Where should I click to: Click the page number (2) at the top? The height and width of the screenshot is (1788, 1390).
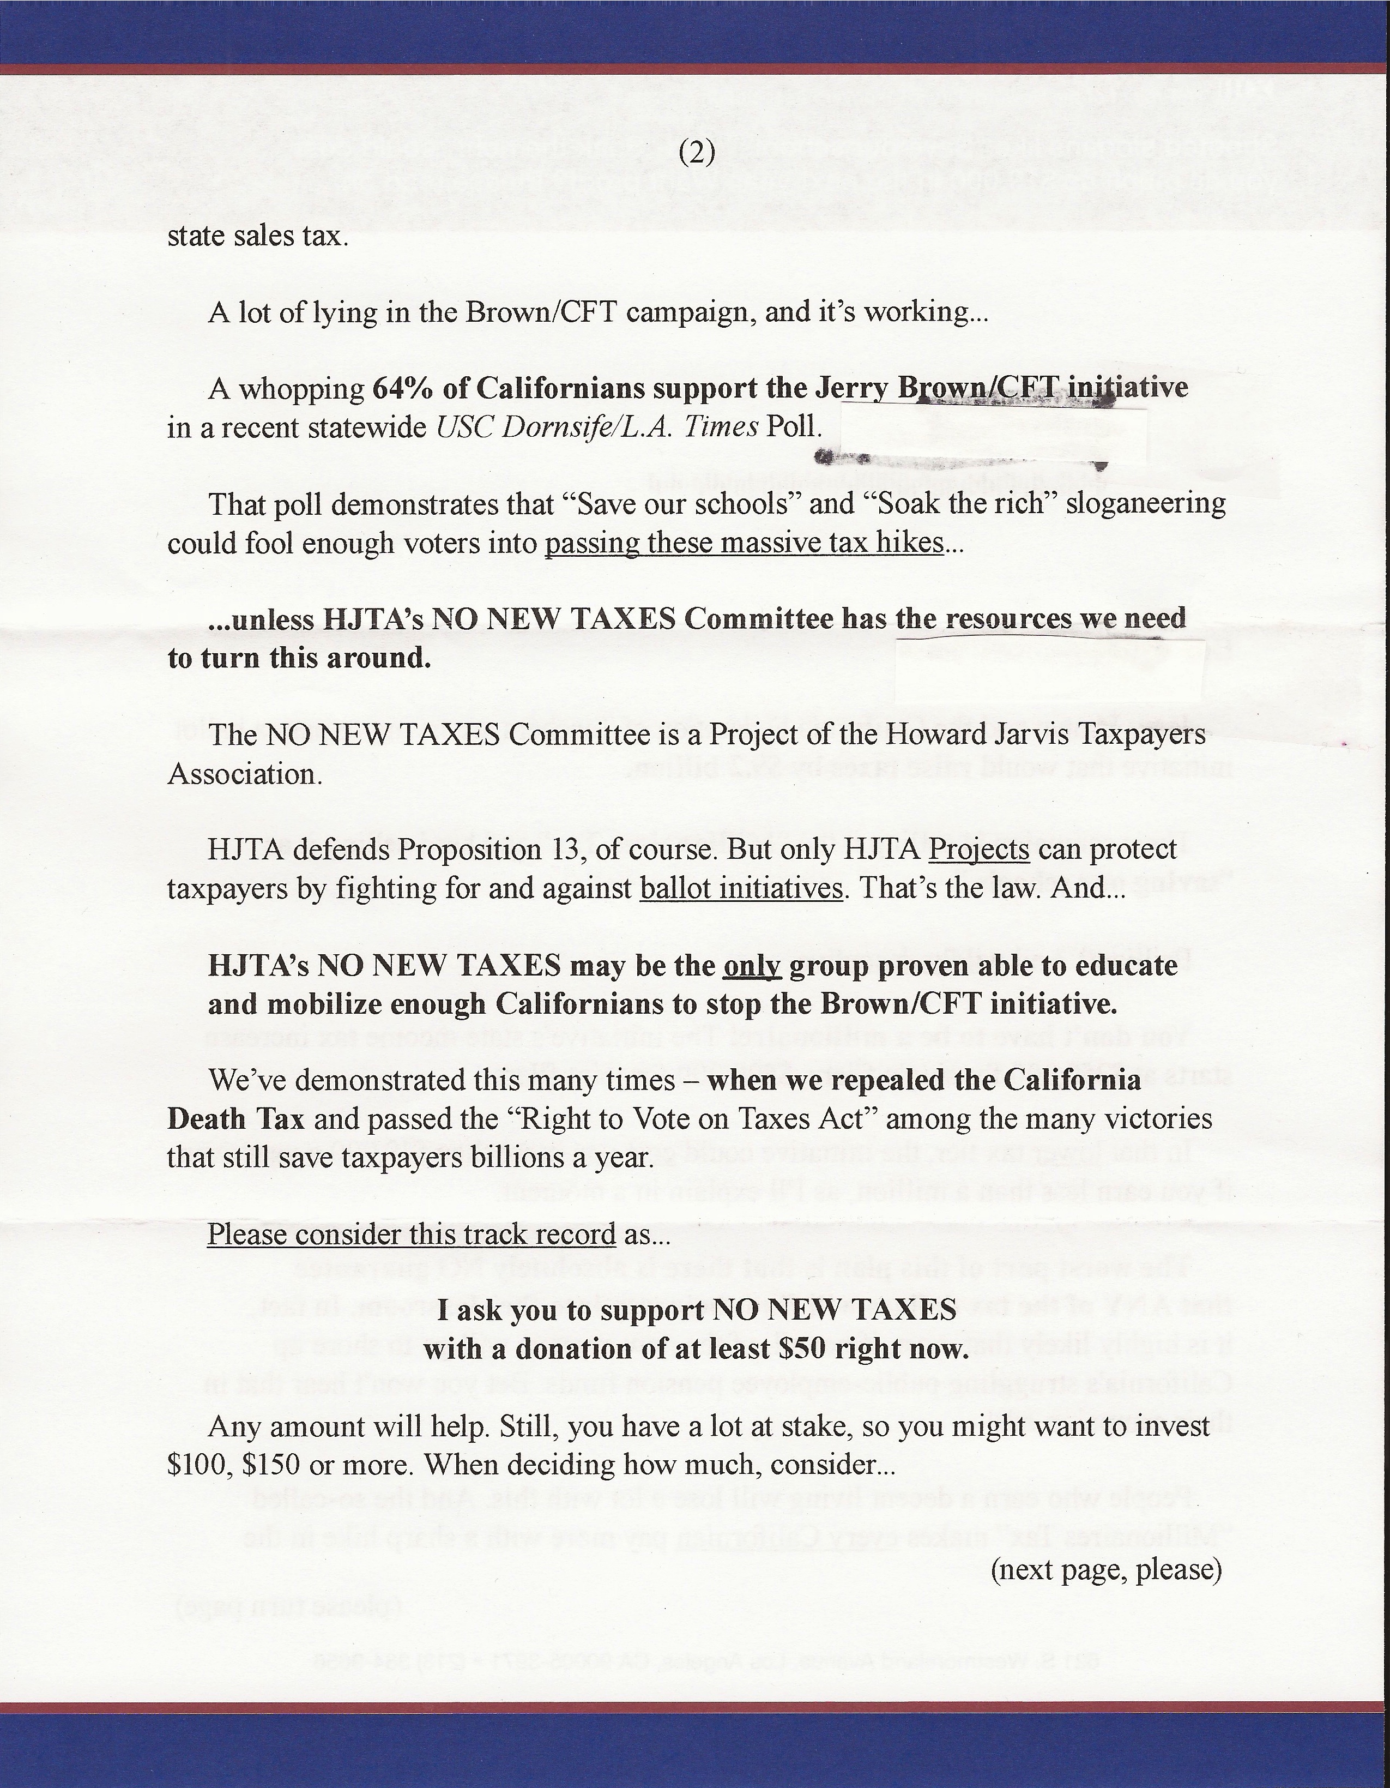click(697, 155)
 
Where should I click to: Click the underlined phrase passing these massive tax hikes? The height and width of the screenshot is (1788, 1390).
click(744, 543)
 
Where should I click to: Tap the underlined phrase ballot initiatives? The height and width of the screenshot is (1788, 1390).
click(741, 888)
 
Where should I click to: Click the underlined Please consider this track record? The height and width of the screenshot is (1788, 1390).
click(411, 1234)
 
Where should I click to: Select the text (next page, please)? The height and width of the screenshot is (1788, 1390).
click(1106, 1569)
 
